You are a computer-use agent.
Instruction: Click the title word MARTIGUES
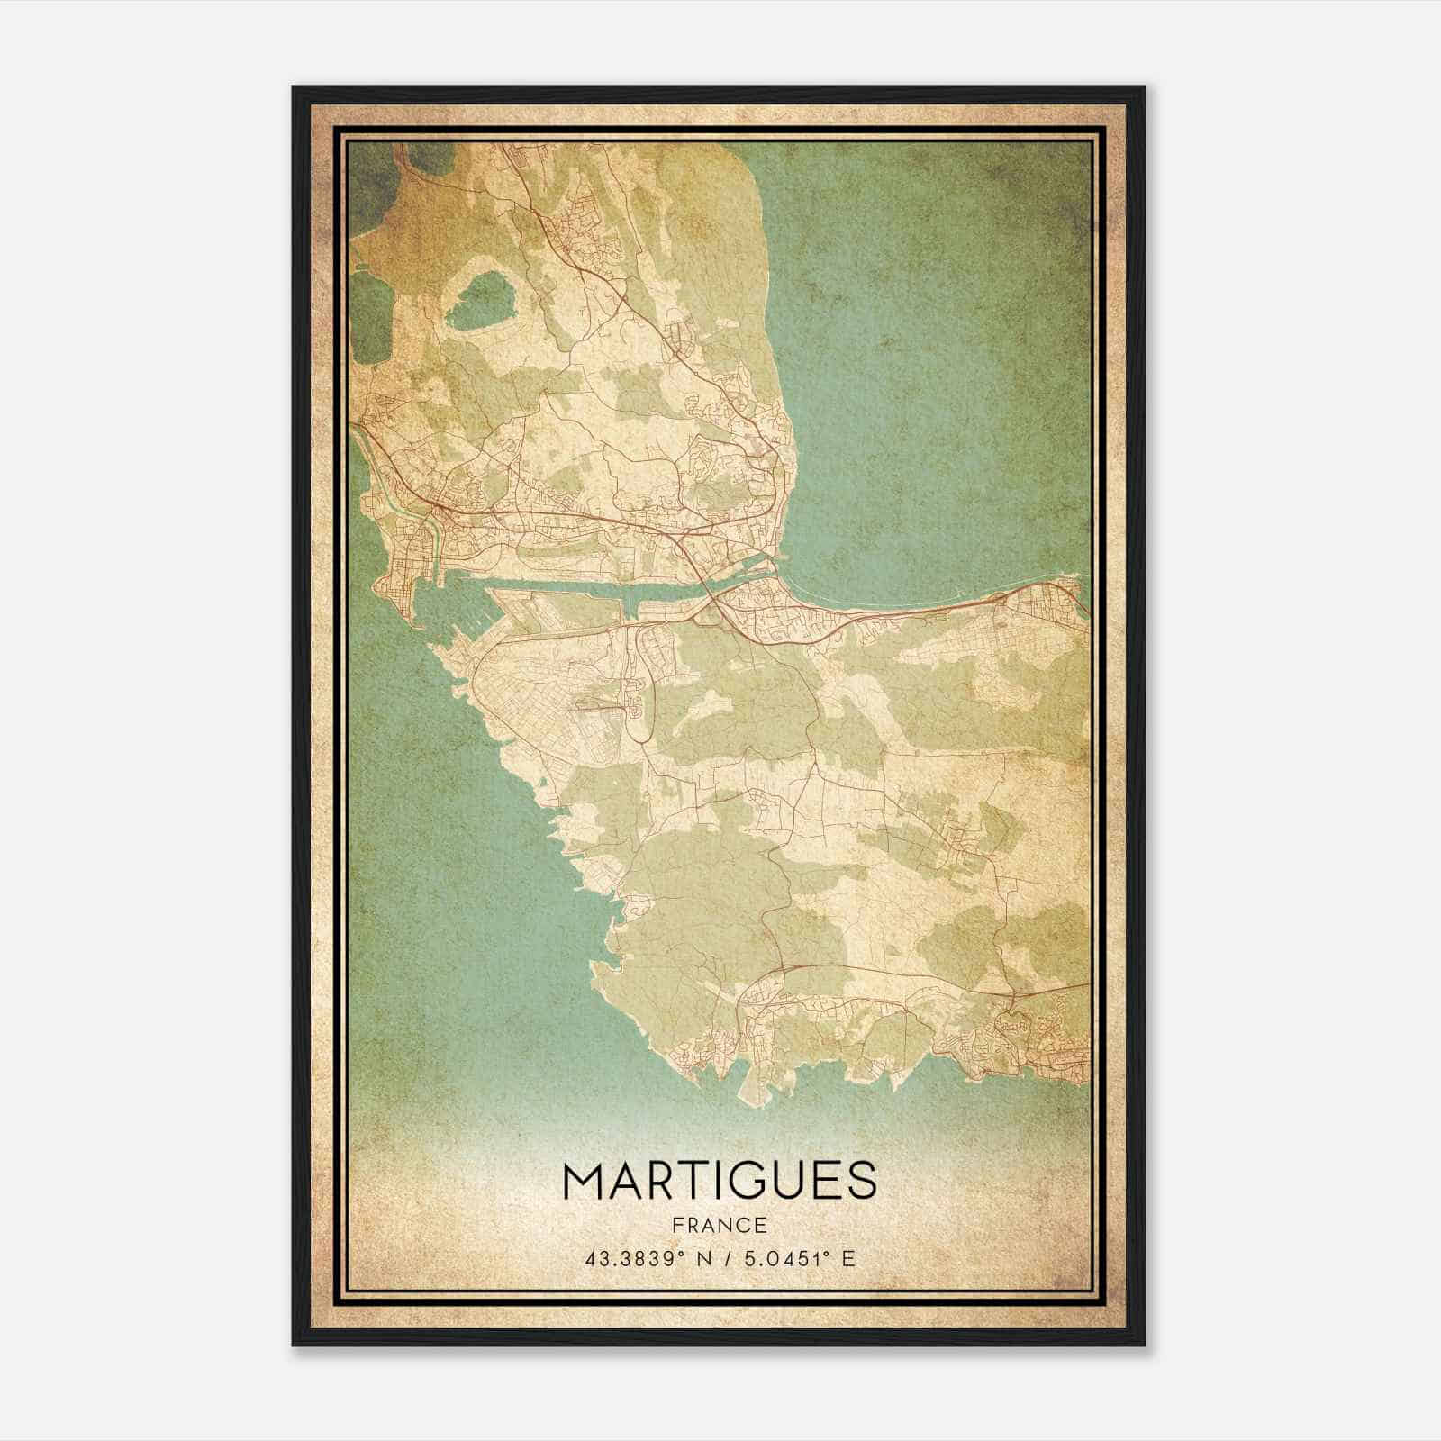[x=719, y=1181]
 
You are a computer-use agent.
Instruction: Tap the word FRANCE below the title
[x=719, y=1226]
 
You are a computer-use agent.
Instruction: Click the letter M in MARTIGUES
[x=585, y=1181]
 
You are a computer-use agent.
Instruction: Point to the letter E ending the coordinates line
[x=847, y=1259]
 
